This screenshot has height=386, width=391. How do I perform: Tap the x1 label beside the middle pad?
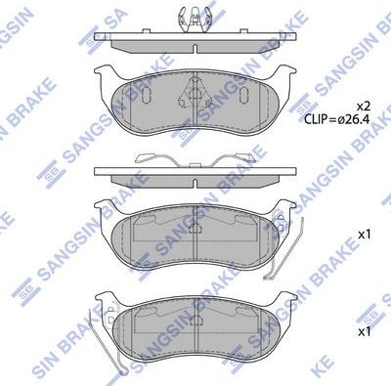[x=364, y=235]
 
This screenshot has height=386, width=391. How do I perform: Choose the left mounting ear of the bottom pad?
[x=104, y=302]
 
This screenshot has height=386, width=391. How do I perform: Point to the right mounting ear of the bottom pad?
[x=287, y=302]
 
